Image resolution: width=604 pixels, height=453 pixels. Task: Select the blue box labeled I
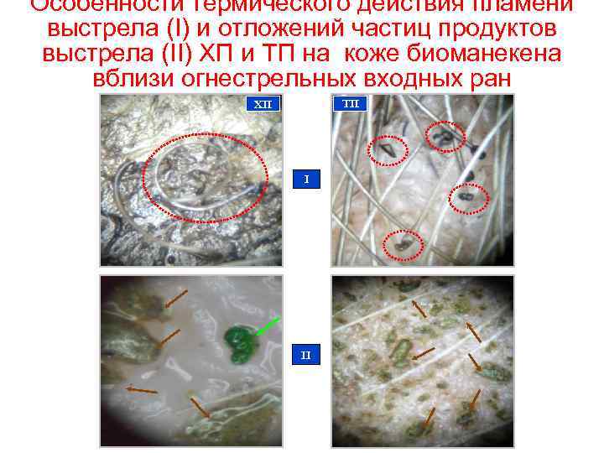tap(306, 180)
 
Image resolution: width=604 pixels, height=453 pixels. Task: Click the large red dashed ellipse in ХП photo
tap(205, 178)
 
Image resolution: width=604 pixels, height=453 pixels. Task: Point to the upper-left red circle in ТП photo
tap(388, 149)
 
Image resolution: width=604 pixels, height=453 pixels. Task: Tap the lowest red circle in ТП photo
tap(404, 244)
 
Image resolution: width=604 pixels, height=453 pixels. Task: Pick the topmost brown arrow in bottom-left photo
tap(175, 297)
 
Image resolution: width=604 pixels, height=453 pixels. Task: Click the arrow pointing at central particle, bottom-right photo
tap(424, 352)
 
